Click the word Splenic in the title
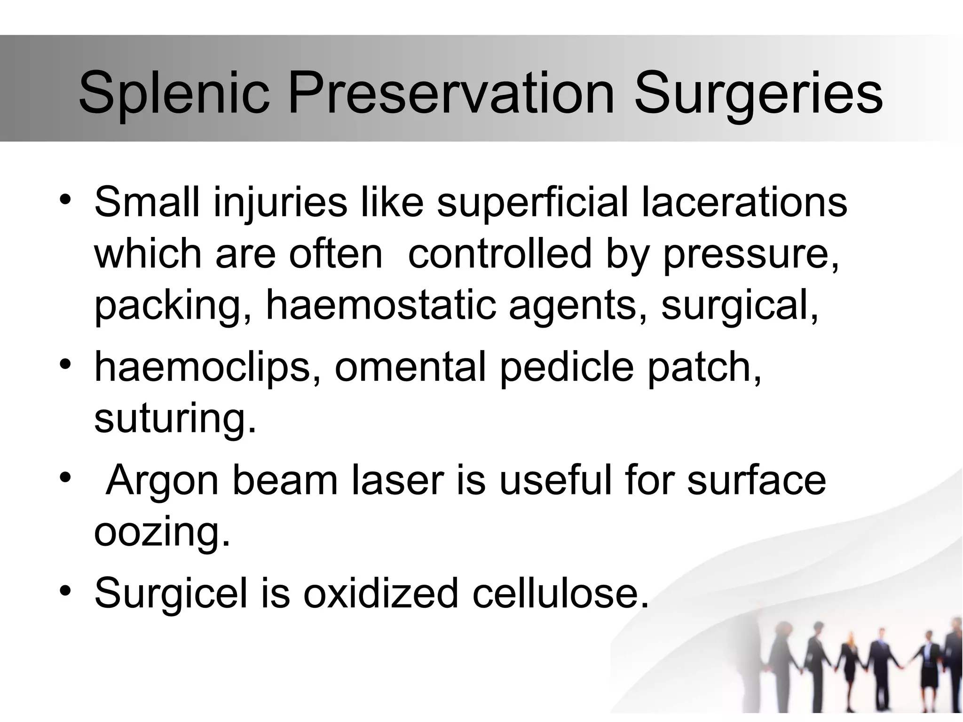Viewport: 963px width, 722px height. (x=174, y=94)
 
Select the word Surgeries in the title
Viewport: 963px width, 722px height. (x=758, y=94)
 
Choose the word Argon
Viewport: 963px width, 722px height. (x=162, y=482)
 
